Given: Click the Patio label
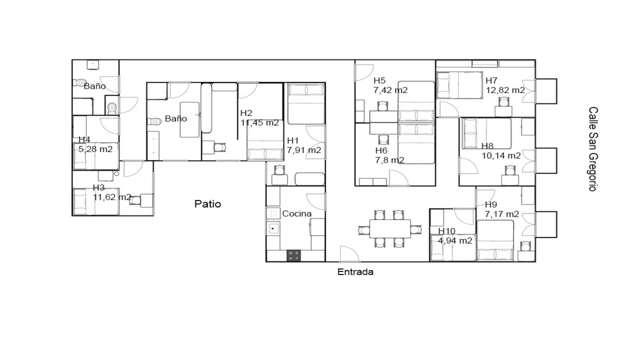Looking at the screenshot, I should (208, 204).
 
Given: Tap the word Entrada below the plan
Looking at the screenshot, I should (355, 272).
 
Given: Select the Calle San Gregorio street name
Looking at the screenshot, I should (593, 149).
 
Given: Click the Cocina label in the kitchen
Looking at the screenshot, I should (297, 214).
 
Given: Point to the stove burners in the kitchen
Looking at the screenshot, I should (294, 256).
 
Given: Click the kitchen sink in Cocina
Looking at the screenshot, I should (273, 229).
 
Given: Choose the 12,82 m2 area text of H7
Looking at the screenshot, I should (505, 90).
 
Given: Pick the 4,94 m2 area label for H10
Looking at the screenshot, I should (455, 241).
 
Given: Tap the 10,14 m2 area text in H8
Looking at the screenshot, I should (501, 156).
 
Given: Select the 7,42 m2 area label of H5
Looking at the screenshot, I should (390, 90).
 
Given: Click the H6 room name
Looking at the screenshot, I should (381, 151).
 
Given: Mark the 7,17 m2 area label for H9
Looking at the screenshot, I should (502, 214).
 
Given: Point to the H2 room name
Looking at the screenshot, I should (246, 113).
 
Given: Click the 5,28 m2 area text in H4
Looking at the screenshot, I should (95, 149).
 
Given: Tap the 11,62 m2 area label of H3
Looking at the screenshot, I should (112, 197).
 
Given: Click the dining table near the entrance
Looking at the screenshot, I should (390, 228).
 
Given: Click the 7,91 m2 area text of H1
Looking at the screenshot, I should (304, 150).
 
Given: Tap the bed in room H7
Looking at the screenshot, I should (460, 85).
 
